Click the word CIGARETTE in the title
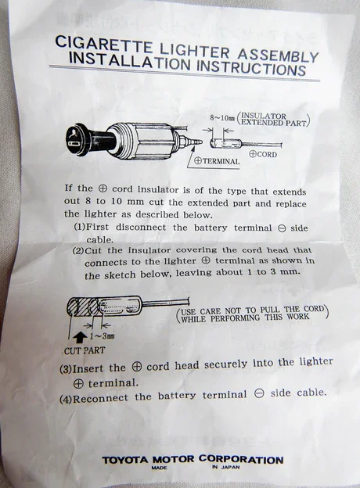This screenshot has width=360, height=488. pos(104,45)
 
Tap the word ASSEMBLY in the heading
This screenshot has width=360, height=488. pos(278,56)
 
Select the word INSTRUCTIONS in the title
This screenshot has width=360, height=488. pos(251,68)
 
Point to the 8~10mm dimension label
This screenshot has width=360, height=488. pos(222,118)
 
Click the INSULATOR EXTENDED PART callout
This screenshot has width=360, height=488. pos(273,120)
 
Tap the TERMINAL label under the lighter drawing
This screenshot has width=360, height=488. pos(217,161)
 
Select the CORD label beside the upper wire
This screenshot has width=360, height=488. pos(263,154)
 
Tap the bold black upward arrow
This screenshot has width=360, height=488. pos(81,337)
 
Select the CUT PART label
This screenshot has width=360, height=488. pos(85,350)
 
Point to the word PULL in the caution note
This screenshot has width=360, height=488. pos(271,310)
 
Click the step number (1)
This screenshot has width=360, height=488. pos(79,226)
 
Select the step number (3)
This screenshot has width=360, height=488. pos(66,369)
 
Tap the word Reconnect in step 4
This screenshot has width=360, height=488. pos(100,399)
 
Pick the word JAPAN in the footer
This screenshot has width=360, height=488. pos(230,467)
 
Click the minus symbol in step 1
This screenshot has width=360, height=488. pos(282,228)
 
